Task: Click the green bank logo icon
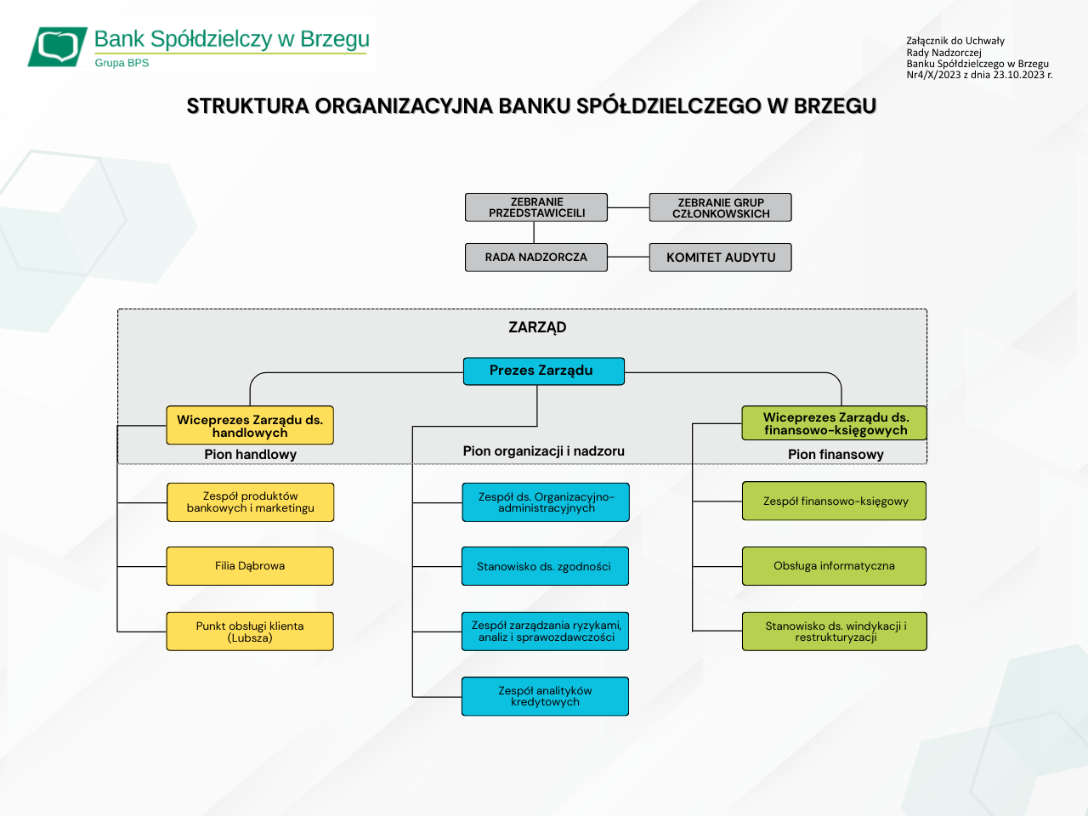pos(58,47)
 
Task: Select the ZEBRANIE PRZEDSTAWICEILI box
pos(536,207)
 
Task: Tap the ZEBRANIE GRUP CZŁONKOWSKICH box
pos(720,207)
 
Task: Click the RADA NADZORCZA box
pos(536,258)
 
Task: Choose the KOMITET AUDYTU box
pos(720,258)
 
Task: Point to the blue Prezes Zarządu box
pos(543,371)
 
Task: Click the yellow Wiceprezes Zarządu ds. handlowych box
pos(250,425)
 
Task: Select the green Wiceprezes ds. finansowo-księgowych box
pos(835,423)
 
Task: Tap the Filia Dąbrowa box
pos(250,566)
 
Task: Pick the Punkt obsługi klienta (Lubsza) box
pos(250,632)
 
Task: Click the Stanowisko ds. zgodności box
pos(545,566)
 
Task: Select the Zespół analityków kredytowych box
pos(545,696)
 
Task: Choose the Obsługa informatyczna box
pos(834,566)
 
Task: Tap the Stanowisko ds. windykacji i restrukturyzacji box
pos(834,632)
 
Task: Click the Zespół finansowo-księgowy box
pos(834,501)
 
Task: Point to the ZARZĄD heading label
pos(537,328)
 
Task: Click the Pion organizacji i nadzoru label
pos(543,451)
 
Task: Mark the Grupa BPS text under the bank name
pos(122,63)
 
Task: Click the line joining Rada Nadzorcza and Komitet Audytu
pos(628,257)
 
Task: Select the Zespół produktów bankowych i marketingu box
pos(250,502)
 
